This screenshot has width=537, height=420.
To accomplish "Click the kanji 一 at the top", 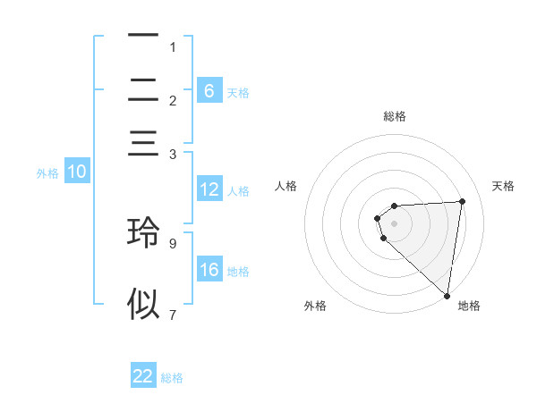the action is (x=143, y=36).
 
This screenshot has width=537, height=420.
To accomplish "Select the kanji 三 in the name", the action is (x=143, y=144).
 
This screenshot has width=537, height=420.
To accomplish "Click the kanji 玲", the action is (x=143, y=231).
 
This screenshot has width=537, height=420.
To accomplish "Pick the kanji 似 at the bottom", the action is (x=143, y=304).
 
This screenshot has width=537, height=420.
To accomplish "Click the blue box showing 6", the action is (x=209, y=91).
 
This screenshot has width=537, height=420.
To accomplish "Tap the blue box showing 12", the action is (x=209, y=189).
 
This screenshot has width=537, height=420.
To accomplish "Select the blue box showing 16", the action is (x=209, y=271).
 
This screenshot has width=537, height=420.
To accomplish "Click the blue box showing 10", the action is (x=76, y=172).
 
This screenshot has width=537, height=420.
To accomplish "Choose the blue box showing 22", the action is (x=143, y=376).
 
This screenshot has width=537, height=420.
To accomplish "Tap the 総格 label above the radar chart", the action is (x=395, y=116).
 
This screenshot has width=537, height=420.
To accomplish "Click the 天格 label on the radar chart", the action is (x=504, y=186).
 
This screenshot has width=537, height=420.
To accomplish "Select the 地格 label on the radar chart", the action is (x=469, y=306).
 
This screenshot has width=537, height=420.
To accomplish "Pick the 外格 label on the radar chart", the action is (x=315, y=306).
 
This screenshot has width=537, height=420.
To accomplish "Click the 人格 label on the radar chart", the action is (x=286, y=186).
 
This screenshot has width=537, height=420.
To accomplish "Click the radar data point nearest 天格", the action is (x=462, y=201).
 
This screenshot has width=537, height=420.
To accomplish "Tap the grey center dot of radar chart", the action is (x=395, y=223).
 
